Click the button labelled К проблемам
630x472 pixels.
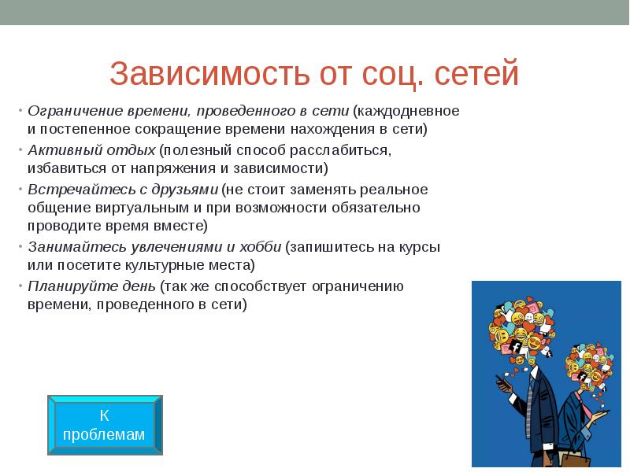[105, 424]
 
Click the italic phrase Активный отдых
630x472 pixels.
[91, 149]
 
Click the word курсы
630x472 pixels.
[421, 247]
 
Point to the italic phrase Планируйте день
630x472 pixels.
[91, 286]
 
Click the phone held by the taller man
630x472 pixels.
[498, 384]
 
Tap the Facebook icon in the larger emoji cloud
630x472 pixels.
[517, 347]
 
